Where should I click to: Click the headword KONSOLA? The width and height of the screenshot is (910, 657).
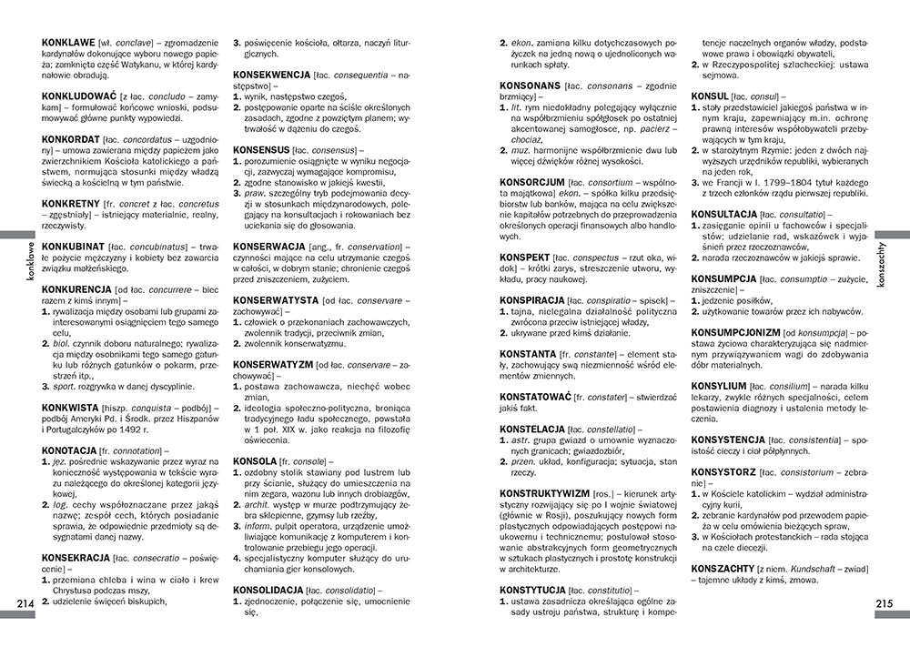point(255,461)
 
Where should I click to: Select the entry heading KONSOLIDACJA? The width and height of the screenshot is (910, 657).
point(274,591)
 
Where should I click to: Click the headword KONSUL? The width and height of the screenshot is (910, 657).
point(710,96)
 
